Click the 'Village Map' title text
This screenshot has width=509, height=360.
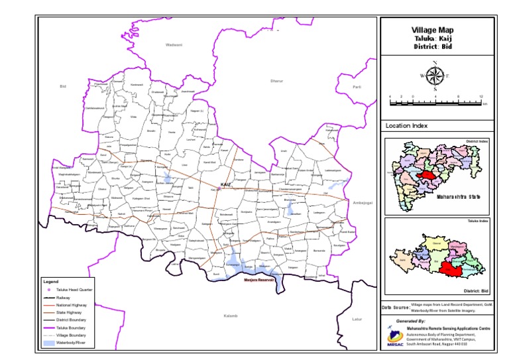pyautogui.click(x=433, y=30)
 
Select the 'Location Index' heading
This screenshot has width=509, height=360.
pyautogui.click(x=407, y=125)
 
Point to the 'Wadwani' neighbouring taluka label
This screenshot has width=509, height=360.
pyautogui.click(x=174, y=44)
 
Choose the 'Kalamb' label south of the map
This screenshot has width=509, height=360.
pyautogui.click(x=230, y=316)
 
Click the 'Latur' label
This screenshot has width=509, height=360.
pyautogui.click(x=357, y=319)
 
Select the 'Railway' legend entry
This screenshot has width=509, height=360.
pyautogui.click(x=62, y=298)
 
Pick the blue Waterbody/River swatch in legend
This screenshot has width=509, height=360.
pyautogui.click(x=48, y=343)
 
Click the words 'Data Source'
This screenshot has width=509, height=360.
pyautogui.click(x=396, y=308)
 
